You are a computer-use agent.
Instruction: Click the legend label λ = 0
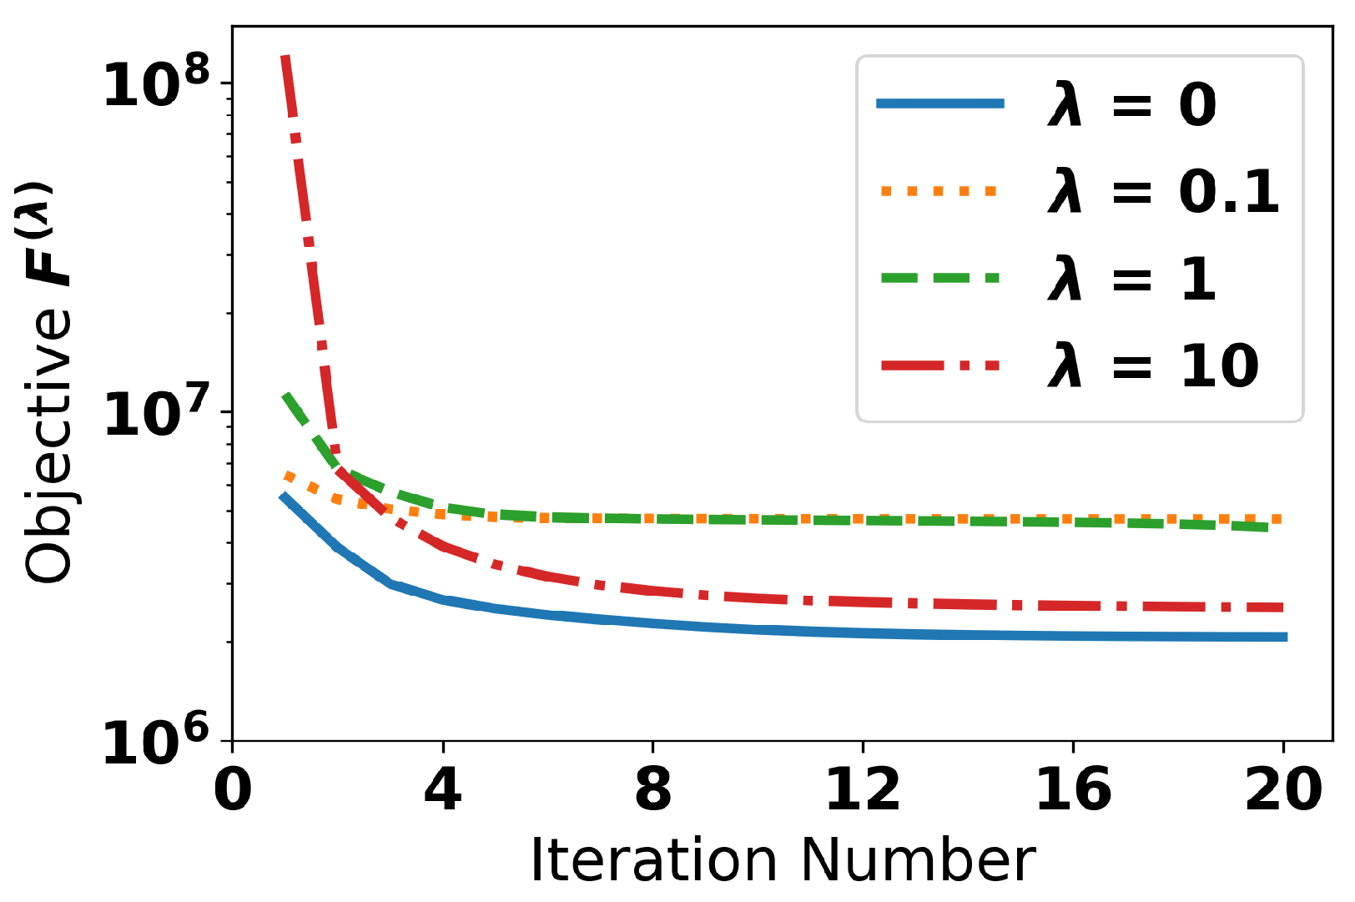(1131, 105)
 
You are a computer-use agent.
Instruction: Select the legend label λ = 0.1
(1162, 192)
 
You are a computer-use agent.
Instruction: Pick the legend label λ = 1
(1131, 279)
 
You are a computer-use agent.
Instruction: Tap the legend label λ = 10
(1152, 365)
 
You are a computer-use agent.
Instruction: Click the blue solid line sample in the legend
(939, 104)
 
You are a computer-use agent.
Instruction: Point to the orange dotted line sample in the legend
(939, 192)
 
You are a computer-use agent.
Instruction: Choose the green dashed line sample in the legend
(939, 278)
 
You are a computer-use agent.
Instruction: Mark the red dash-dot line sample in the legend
(939, 365)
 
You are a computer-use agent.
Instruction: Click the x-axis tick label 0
(233, 789)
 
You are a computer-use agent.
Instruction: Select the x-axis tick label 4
(442, 789)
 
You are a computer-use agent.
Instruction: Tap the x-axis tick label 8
(652, 789)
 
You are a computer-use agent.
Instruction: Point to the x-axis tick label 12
(863, 789)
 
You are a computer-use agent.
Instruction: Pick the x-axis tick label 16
(1073, 789)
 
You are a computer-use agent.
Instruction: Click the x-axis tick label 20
(1283, 789)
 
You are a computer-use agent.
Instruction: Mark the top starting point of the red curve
(285, 57)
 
